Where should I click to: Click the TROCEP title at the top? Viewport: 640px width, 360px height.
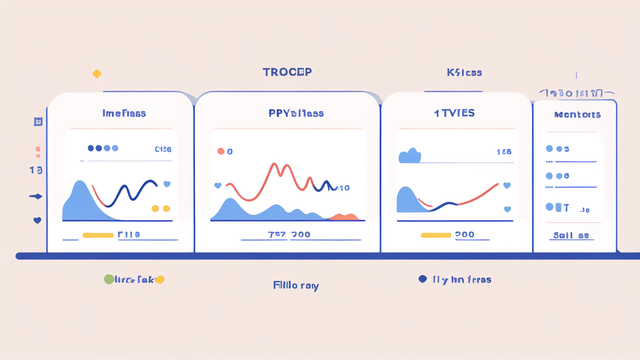coord(287,72)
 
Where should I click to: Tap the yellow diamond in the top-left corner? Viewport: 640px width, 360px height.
coord(97,74)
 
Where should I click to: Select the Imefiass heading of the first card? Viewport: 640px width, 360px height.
coord(124,113)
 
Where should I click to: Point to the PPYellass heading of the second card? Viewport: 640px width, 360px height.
coord(296,113)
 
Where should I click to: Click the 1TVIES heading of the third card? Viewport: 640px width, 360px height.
coord(454,113)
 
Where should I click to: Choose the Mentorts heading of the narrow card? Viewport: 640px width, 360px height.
coord(577,115)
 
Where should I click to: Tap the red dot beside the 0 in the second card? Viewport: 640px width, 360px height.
coord(221,151)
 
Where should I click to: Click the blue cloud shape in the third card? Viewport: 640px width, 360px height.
coord(409,156)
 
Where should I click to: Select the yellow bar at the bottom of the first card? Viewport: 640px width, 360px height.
coord(98,235)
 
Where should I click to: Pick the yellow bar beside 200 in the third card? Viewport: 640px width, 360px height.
coord(436,235)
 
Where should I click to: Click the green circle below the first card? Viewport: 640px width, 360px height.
coord(108,279)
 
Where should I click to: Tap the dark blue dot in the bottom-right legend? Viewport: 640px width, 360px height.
coord(422,279)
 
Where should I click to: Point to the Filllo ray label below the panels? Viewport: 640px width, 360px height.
coord(296,286)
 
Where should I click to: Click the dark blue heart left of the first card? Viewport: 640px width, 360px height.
coord(37,220)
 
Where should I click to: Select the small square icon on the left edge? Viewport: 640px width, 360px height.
coord(38,122)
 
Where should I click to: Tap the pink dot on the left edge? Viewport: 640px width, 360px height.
coord(37,149)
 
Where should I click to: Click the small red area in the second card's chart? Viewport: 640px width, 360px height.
coord(344,217)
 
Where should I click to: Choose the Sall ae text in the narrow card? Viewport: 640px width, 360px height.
coord(571,235)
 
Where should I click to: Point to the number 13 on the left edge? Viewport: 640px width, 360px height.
coord(35,170)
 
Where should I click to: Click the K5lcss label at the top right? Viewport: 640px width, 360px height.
coord(464,73)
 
